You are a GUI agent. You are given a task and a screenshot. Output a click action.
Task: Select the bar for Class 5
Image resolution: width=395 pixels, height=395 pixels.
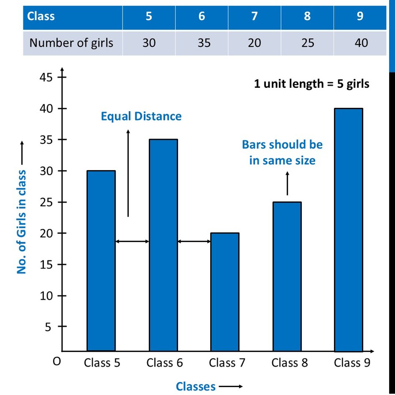click(101, 260)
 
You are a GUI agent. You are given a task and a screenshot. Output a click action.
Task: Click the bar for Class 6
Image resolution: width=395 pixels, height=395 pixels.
click(163, 245)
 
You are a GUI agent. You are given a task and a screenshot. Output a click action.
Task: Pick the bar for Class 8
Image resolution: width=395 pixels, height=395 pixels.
click(287, 276)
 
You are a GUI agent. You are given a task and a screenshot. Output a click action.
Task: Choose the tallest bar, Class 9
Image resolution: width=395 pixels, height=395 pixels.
click(349, 230)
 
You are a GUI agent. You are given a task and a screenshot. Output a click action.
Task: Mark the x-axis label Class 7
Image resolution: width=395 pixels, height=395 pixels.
click(227, 363)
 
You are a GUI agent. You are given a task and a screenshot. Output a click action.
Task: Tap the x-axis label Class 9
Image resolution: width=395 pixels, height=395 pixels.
click(352, 363)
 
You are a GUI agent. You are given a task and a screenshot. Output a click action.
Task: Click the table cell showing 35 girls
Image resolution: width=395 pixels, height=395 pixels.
click(204, 43)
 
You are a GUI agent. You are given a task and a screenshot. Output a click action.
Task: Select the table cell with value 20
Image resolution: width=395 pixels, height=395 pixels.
click(254, 43)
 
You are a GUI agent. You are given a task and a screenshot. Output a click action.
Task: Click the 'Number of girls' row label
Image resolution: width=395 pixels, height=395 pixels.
click(71, 43)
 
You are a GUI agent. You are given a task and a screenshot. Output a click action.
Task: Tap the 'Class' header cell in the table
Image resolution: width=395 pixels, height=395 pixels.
click(41, 16)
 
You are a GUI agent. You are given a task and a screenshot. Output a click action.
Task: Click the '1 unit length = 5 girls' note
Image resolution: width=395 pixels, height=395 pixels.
click(312, 84)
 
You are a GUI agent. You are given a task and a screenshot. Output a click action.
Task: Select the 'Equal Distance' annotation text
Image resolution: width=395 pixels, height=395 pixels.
click(141, 116)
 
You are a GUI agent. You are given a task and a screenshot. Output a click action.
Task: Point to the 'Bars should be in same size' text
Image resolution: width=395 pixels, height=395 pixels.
click(282, 152)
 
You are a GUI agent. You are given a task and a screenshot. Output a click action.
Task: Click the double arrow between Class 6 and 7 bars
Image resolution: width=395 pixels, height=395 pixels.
click(194, 241)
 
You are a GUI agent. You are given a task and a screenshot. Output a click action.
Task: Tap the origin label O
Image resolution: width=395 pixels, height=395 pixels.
click(56, 362)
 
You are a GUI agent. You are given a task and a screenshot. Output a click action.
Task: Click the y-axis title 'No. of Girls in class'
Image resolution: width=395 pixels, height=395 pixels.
click(22, 221)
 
